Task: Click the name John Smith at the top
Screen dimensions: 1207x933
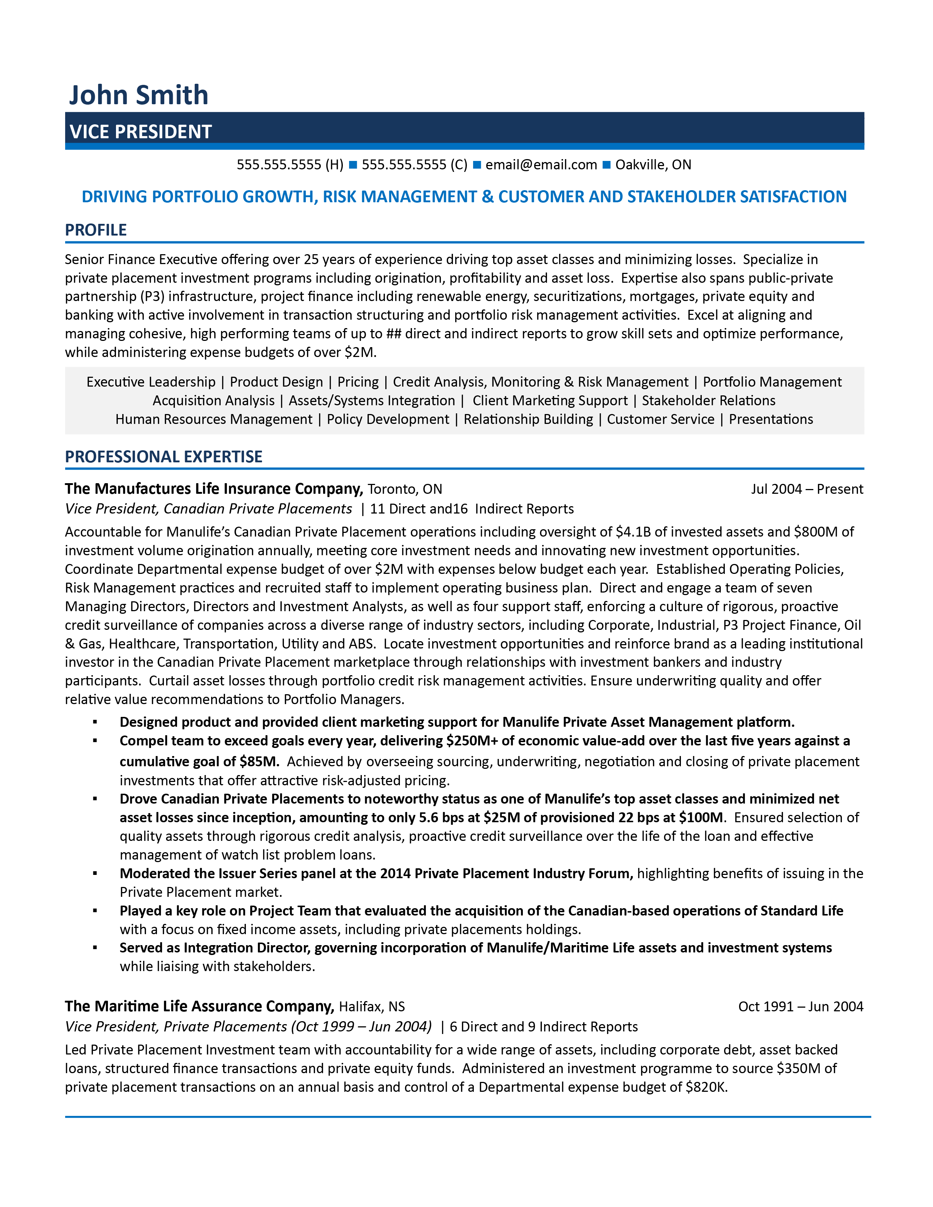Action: click(139, 95)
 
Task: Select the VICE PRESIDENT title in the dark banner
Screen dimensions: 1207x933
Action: click(140, 132)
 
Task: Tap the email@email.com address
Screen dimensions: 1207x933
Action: click(541, 165)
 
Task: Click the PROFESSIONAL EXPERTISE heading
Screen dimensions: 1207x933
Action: click(164, 456)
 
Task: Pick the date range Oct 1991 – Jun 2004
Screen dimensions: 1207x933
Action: click(800, 1007)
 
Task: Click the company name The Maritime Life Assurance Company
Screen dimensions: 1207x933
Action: click(199, 1007)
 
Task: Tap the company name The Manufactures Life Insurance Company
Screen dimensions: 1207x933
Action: click(213, 489)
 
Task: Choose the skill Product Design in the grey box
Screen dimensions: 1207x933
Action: click(276, 382)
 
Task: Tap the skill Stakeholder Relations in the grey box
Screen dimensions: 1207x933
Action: click(708, 401)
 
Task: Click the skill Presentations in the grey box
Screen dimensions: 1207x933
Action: click(771, 420)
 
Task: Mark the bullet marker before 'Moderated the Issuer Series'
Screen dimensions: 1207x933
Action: click(95, 874)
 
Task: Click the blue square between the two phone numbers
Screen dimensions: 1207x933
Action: click(353, 165)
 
